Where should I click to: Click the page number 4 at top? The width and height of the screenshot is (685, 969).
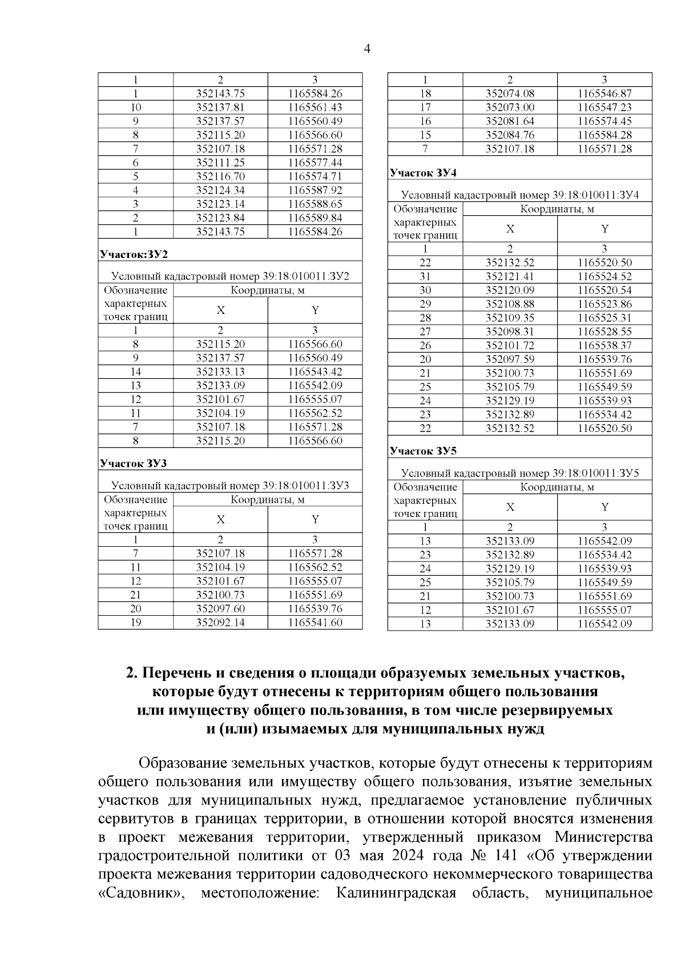click(x=367, y=50)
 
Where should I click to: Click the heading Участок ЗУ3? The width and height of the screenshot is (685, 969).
click(x=133, y=463)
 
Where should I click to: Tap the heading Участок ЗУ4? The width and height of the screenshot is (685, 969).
click(x=423, y=173)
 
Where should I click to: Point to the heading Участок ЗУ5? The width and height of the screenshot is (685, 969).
click(x=423, y=451)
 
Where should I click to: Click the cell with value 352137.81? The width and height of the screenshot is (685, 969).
click(x=220, y=107)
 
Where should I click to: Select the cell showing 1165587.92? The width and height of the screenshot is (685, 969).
click(x=315, y=190)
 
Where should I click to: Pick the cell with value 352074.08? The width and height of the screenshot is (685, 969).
click(x=510, y=94)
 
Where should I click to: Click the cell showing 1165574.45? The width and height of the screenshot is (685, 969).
click(x=605, y=121)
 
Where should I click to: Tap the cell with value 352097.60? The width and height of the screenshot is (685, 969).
click(x=220, y=609)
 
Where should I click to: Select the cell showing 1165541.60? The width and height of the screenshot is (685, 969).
click(x=315, y=623)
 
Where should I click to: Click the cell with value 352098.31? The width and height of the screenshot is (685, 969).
click(x=510, y=332)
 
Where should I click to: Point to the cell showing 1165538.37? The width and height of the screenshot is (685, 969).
click(x=605, y=345)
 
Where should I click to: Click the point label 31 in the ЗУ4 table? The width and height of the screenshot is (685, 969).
click(x=425, y=276)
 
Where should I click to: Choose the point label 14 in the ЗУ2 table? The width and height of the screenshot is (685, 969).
click(x=136, y=372)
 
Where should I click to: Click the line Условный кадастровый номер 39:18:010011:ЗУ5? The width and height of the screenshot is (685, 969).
click(x=519, y=473)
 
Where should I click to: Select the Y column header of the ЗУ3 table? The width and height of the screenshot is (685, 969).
click(x=315, y=519)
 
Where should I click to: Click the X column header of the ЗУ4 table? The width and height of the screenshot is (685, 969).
click(x=510, y=229)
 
